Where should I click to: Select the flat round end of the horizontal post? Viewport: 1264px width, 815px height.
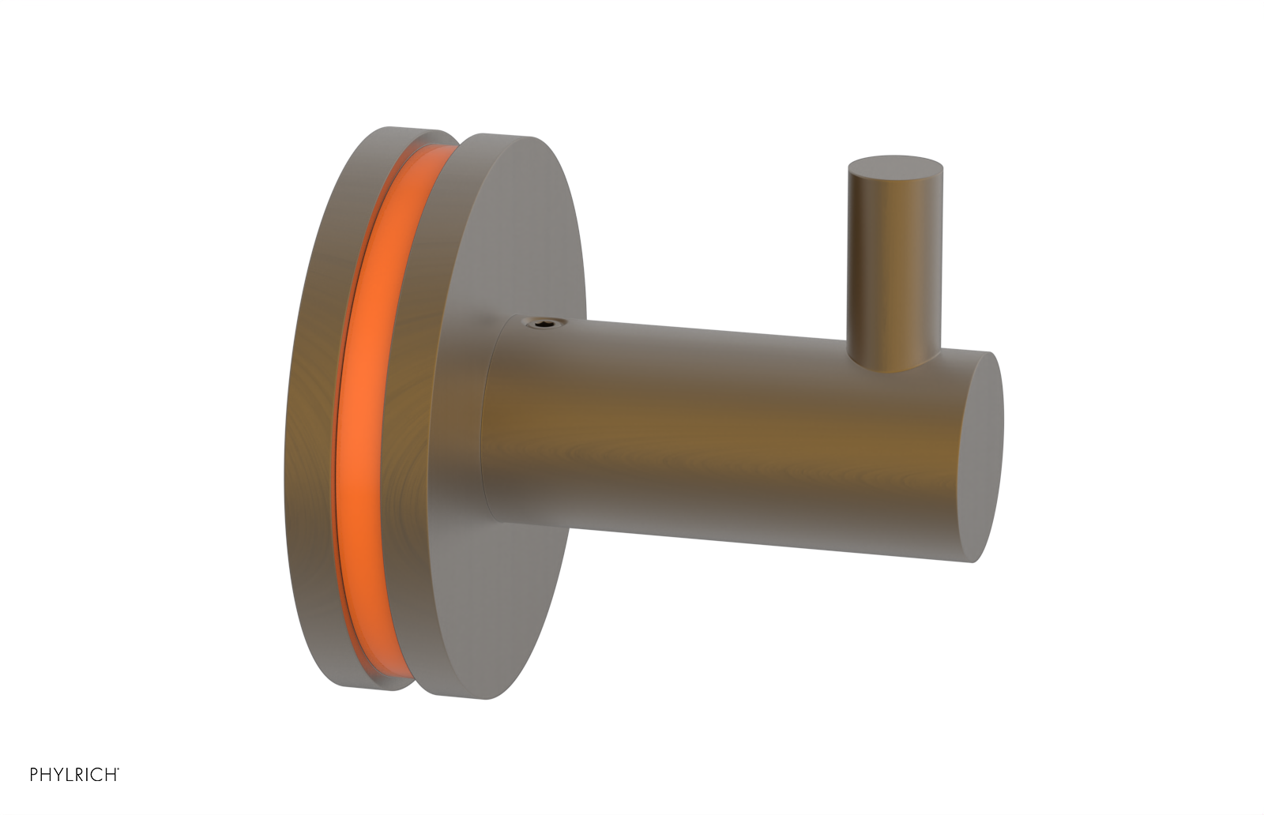[x=982, y=456]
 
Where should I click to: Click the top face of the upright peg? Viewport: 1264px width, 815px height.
[x=895, y=167]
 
